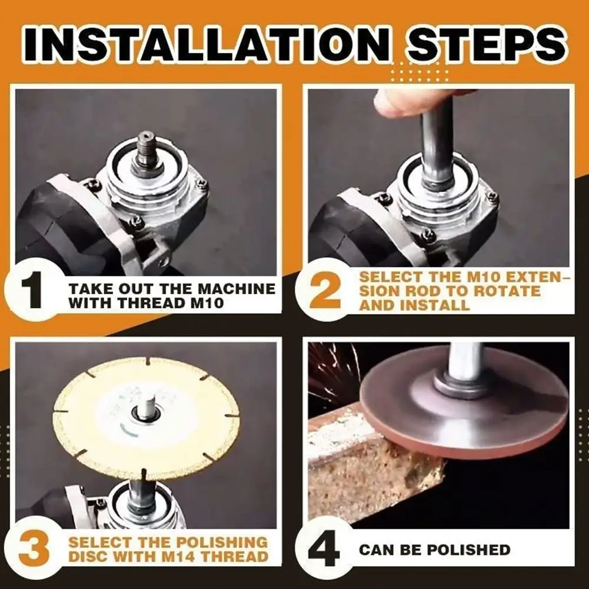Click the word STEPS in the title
click(x=487, y=44)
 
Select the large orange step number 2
click(x=325, y=291)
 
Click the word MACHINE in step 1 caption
click(x=237, y=289)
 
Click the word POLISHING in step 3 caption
click(x=222, y=542)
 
